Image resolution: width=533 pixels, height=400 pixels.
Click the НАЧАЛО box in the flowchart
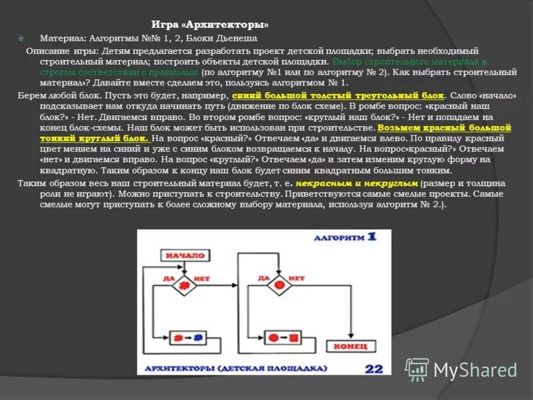click(x=185, y=255)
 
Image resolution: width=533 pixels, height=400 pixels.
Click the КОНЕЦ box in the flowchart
click(x=350, y=347)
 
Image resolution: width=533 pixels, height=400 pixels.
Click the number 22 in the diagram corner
click(x=374, y=368)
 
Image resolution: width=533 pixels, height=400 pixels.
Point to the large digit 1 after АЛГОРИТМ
click(x=370, y=237)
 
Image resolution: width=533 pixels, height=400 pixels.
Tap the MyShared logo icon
click(x=418, y=369)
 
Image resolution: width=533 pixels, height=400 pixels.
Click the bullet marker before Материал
click(x=21, y=38)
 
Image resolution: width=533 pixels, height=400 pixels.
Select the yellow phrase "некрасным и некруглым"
click(x=357, y=183)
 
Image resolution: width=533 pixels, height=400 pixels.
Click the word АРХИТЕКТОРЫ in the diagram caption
click(x=177, y=368)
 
